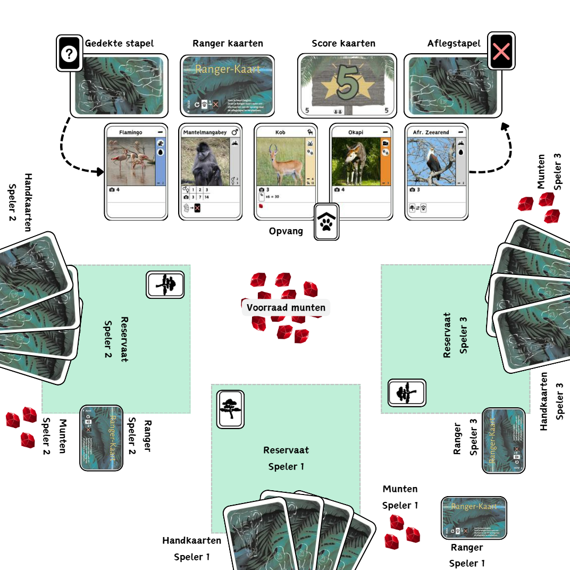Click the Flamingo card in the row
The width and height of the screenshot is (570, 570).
point(137,172)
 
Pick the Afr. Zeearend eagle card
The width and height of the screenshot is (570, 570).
point(437,172)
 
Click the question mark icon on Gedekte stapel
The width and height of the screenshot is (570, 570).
point(70,53)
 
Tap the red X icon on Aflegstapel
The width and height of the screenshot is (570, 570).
point(501,51)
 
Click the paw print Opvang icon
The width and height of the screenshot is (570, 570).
point(326,222)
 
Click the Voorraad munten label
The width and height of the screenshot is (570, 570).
point(286,308)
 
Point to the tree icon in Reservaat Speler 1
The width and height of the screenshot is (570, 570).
point(231,409)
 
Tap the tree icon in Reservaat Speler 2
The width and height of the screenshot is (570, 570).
point(165,284)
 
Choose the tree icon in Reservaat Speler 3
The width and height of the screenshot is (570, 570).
point(407,393)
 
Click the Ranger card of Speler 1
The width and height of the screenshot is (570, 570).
point(474,518)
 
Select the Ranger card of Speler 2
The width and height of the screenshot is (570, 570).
point(101,438)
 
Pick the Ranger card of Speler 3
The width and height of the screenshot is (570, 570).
point(504,440)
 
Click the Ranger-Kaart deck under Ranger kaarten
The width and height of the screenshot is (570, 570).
point(228,85)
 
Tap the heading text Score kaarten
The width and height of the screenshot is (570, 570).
point(343,44)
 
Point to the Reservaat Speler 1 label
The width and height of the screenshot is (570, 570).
point(286,458)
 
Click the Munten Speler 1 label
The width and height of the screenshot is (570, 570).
point(400,497)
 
